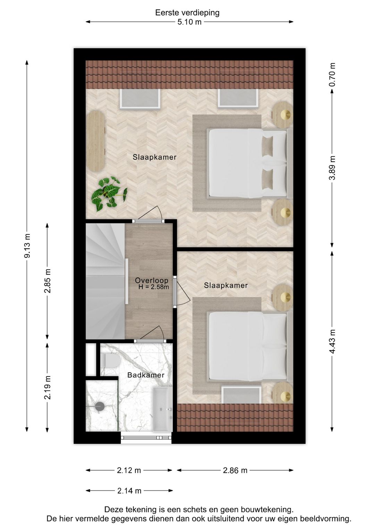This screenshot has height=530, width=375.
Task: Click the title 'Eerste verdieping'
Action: (x=187, y=13)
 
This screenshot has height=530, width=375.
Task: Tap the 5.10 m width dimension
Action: (x=189, y=22)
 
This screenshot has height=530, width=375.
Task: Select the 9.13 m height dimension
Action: (x=27, y=246)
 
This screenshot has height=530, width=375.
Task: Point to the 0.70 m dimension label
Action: (x=332, y=75)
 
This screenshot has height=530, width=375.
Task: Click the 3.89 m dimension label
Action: (x=332, y=168)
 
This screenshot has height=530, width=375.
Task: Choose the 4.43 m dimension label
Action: (x=332, y=341)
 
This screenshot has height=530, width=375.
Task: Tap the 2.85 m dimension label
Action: (x=48, y=281)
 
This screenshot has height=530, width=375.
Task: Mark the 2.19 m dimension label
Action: (x=48, y=387)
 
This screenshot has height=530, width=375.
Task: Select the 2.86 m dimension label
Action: (x=235, y=470)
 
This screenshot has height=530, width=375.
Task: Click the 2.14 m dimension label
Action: (x=129, y=491)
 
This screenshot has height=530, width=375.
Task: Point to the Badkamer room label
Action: (x=145, y=375)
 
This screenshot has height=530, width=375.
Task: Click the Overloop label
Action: (x=151, y=280)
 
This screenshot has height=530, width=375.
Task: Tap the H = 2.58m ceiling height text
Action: (x=153, y=287)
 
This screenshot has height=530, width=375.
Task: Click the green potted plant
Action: (x=108, y=193)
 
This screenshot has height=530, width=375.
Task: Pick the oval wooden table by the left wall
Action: (x=95, y=141)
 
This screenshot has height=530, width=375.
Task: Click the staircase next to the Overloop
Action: (x=105, y=281)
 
